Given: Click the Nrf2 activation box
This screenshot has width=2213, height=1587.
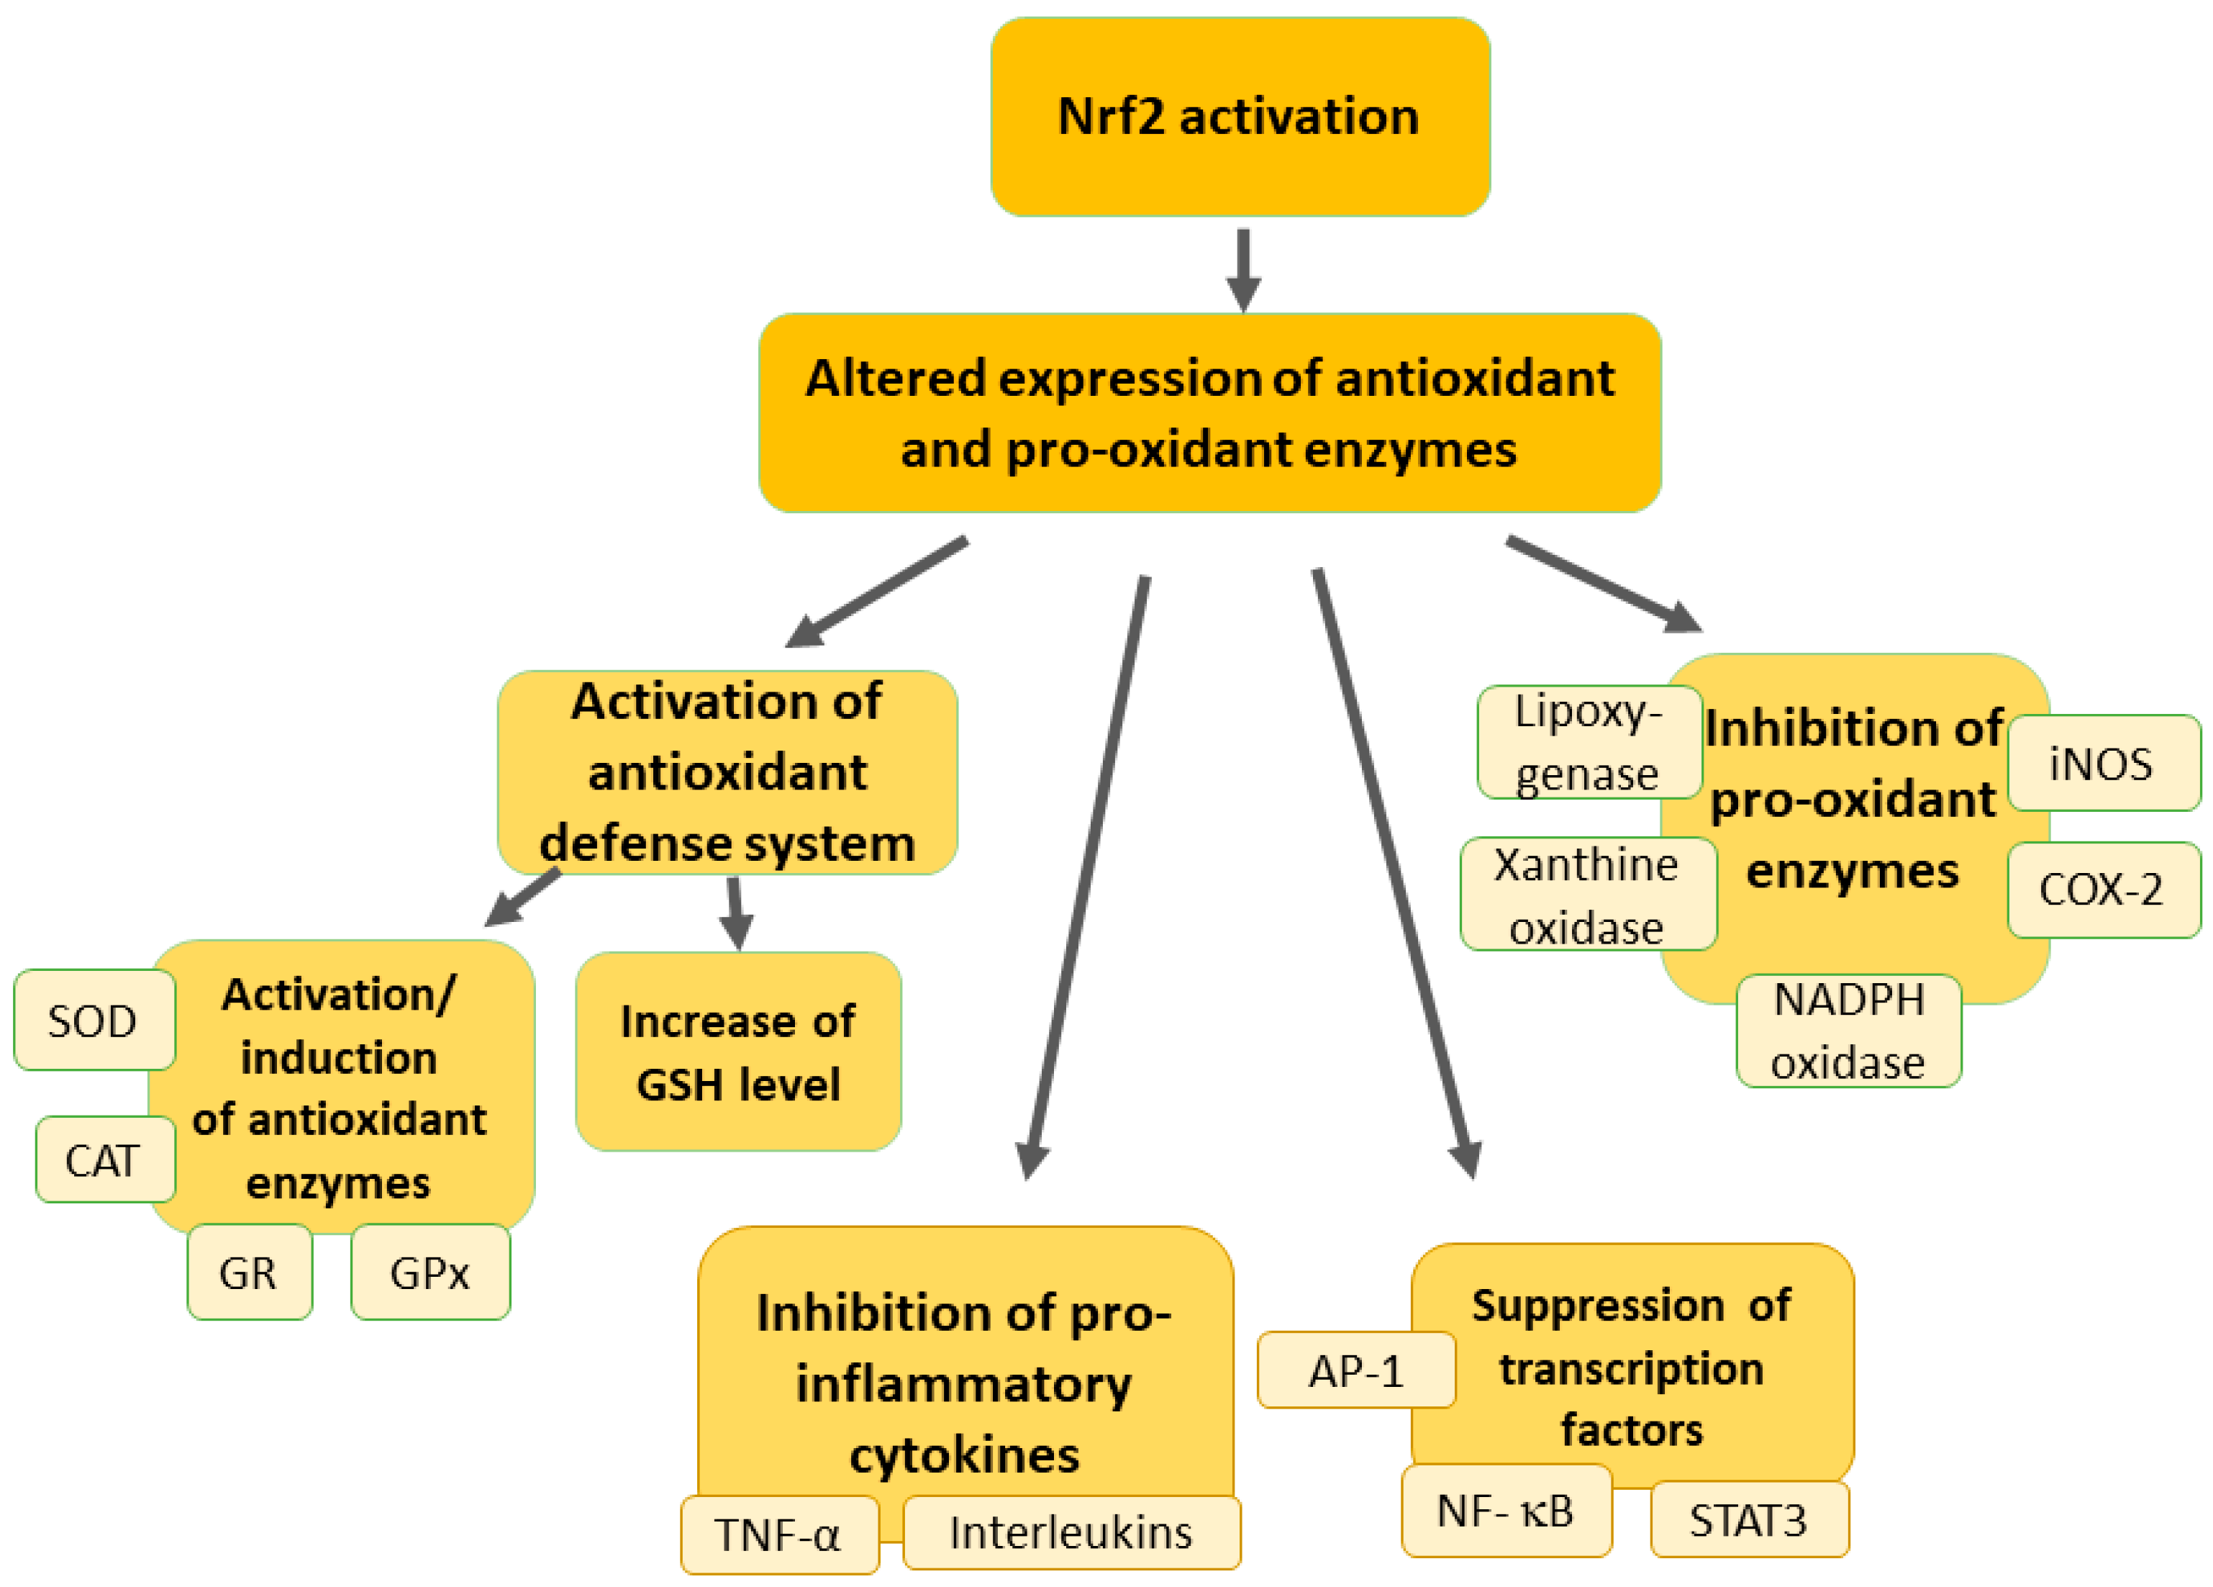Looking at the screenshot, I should [1239, 117].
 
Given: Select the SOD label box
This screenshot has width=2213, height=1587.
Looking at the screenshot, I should [94, 1020].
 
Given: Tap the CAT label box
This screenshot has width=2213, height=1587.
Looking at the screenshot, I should [104, 1159].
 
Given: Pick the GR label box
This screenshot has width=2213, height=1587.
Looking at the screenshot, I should [249, 1272].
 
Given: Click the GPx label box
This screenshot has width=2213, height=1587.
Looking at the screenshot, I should [430, 1272].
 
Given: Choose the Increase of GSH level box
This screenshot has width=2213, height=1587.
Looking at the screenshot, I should [737, 1052].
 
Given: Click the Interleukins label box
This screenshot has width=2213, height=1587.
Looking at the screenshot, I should [1071, 1532].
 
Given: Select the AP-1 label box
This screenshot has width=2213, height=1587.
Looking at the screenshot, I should [1355, 1370].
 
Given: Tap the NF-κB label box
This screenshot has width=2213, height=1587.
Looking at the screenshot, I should [1506, 1510].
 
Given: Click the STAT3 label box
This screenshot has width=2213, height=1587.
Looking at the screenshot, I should [1748, 1519].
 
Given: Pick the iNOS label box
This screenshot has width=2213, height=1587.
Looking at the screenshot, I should [2101, 763].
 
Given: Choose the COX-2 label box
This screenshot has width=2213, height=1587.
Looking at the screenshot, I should [2101, 889].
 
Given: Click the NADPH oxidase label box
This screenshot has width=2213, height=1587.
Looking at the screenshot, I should [1848, 1031].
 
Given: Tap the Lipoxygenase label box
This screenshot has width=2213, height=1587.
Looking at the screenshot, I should [1588, 742].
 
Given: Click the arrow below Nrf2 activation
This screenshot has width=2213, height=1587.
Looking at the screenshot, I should [1243, 268].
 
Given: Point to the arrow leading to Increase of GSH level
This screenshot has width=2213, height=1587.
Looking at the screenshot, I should [736, 913].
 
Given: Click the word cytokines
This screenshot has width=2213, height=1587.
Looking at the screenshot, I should [964, 1455].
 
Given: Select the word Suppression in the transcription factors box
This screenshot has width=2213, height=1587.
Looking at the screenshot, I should [1597, 1305].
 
